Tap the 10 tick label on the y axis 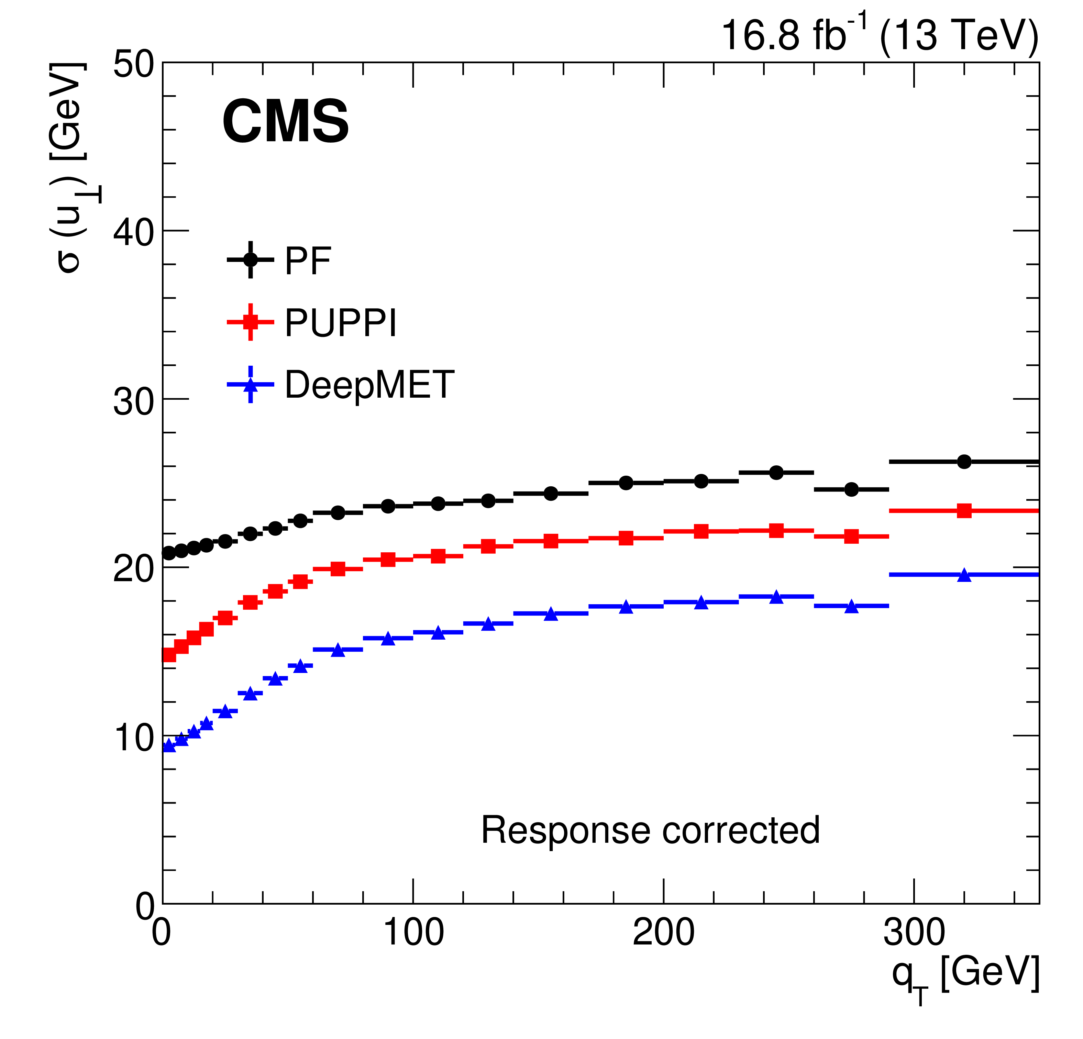[x=133, y=738]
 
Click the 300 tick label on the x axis [x=914, y=933]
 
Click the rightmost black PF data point [x=964, y=462]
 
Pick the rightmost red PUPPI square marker [x=964, y=511]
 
